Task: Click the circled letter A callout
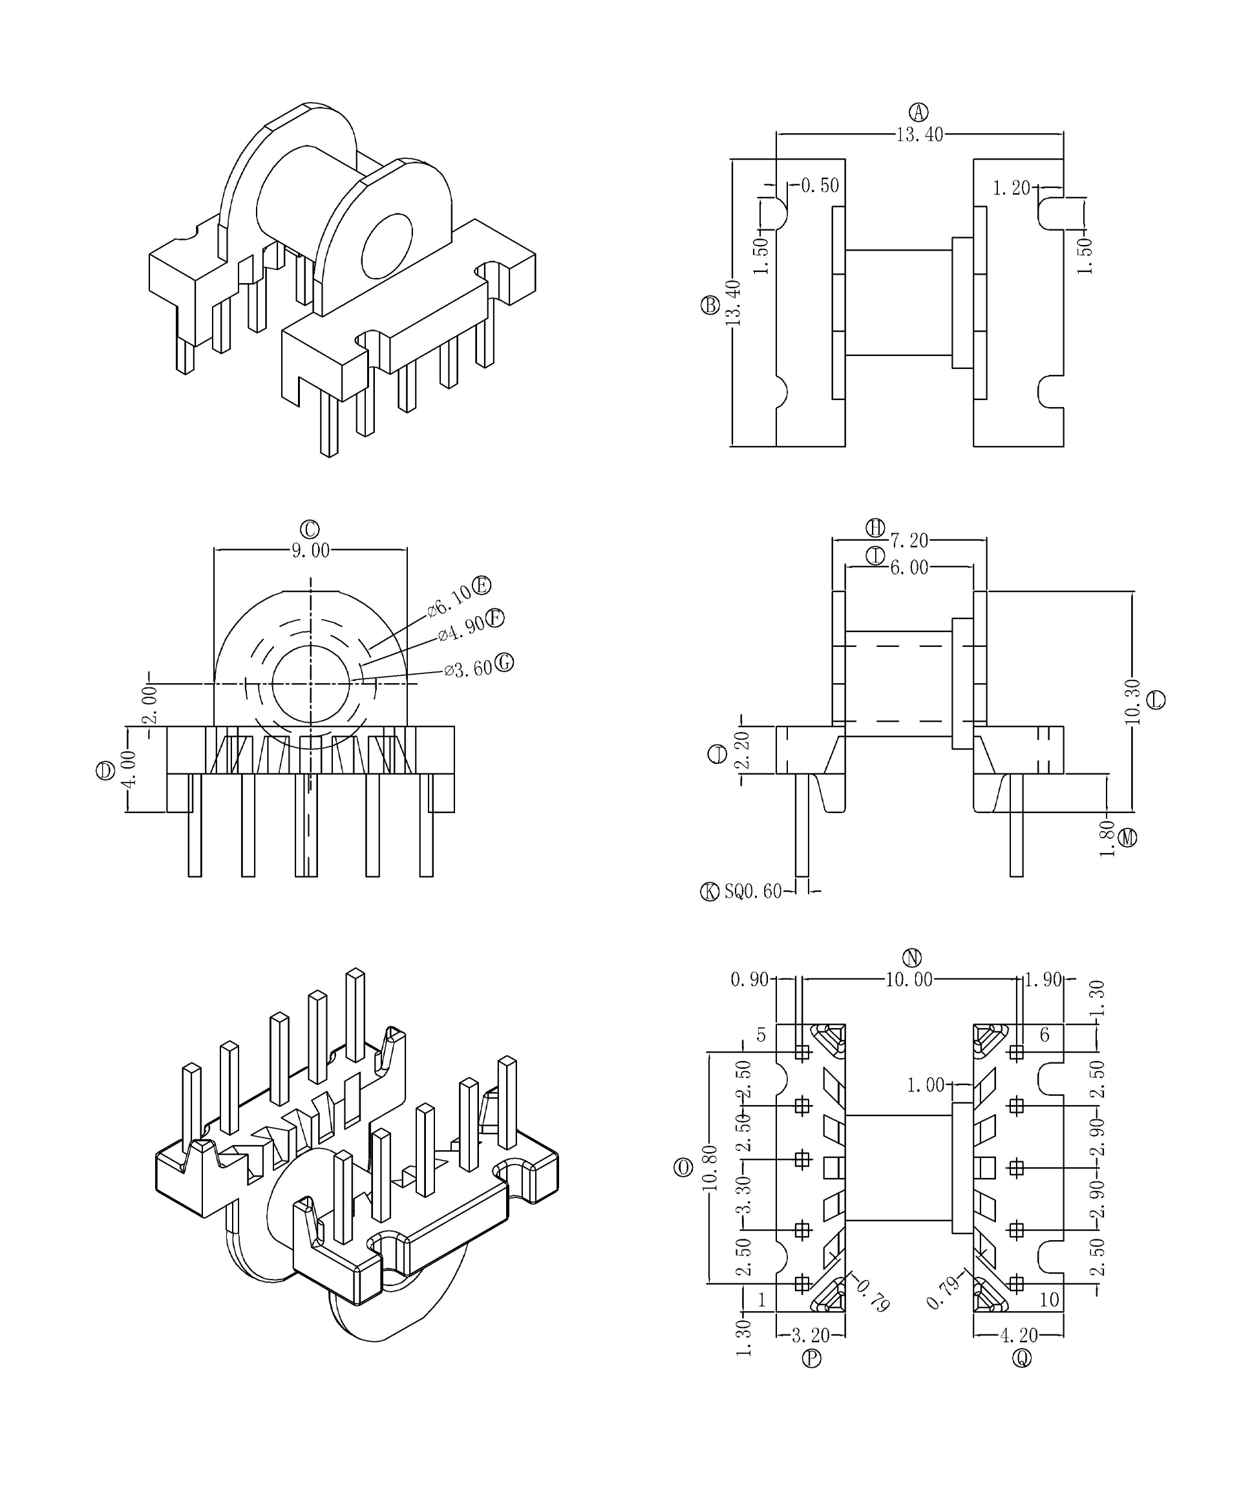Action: click(x=918, y=112)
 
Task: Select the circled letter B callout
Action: click(x=710, y=306)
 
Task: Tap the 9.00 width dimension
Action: click(x=310, y=550)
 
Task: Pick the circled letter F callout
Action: click(x=496, y=618)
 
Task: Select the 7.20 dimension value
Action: click(x=909, y=540)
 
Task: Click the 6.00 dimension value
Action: click(x=909, y=567)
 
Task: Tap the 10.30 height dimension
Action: click(x=1132, y=702)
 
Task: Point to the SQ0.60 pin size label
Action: click(x=752, y=892)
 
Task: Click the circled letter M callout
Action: click(x=1128, y=838)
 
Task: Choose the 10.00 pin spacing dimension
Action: click(x=909, y=980)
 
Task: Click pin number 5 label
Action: click(x=761, y=1035)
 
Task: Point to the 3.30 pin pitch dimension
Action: click(x=744, y=1195)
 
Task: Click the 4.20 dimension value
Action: click(x=1018, y=1335)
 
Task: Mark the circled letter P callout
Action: click(x=811, y=1358)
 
